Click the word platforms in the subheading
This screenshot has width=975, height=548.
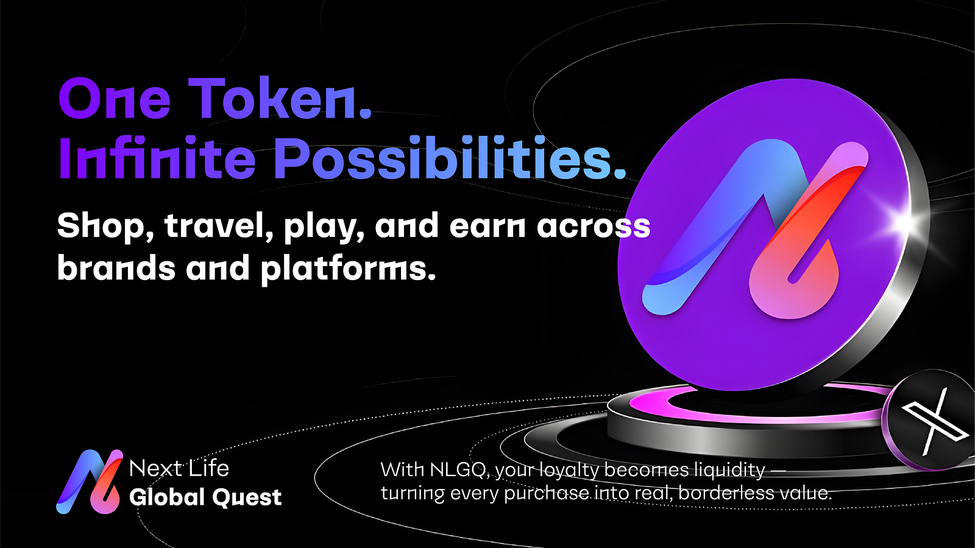point(347,269)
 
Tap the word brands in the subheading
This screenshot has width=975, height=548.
point(116,269)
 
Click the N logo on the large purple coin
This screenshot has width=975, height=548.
point(756,228)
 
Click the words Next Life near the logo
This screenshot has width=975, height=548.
point(179,468)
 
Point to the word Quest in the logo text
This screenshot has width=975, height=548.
point(247,497)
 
